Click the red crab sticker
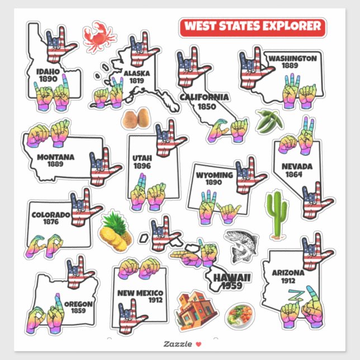coord(99,37)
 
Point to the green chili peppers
coord(267,120)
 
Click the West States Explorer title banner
coord(252,26)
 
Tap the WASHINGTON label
coord(292,58)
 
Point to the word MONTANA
coord(55,157)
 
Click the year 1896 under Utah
coord(142,166)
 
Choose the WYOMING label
coord(215,175)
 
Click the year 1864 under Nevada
coord(293,174)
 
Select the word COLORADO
coord(51,215)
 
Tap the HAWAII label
coord(231,278)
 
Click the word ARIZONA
coord(288,273)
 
